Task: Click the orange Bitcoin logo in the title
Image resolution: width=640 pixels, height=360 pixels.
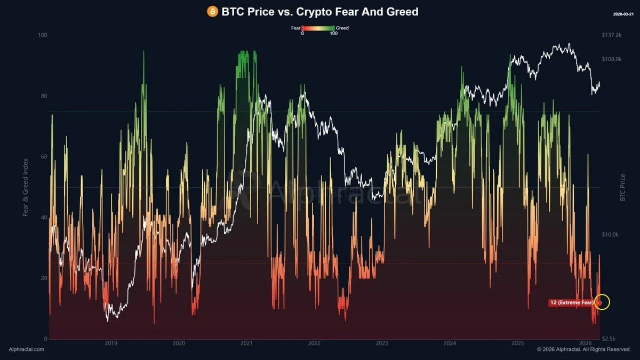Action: point(213,11)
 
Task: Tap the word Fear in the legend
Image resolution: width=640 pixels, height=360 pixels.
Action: point(295,28)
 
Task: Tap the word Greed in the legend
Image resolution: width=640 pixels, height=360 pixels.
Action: point(342,28)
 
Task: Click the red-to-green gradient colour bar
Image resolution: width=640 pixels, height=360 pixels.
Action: point(318,28)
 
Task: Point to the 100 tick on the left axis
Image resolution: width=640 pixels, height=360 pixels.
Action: point(43,35)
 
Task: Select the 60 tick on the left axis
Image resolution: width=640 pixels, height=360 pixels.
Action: point(44,157)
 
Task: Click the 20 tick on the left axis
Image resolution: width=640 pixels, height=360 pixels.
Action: point(44,278)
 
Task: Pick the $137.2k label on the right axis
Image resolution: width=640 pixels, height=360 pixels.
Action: point(611,35)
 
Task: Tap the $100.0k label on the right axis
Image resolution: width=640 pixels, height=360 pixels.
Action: point(611,59)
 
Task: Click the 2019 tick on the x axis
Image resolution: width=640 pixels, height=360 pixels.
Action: point(111,343)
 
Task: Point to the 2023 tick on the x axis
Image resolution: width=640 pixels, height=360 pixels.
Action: point(382,343)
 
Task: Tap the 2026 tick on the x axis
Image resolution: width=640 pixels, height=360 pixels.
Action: point(585,343)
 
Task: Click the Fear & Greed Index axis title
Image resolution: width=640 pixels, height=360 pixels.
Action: point(26,187)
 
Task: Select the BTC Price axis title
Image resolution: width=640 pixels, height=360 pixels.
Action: point(622,187)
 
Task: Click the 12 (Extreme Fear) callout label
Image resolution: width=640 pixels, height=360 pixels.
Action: point(571,303)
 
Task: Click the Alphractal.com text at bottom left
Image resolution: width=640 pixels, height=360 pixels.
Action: point(27,349)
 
